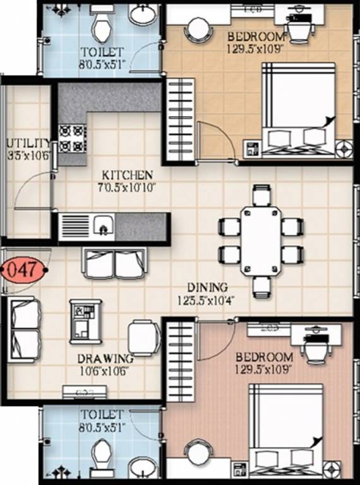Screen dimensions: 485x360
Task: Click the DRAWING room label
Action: [x=105, y=359]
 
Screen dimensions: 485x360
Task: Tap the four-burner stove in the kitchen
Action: [x=72, y=138]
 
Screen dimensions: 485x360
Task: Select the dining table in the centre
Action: [x=261, y=241]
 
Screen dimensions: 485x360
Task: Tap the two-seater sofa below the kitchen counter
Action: [x=116, y=263]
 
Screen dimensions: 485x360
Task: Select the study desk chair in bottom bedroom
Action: [x=315, y=347]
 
